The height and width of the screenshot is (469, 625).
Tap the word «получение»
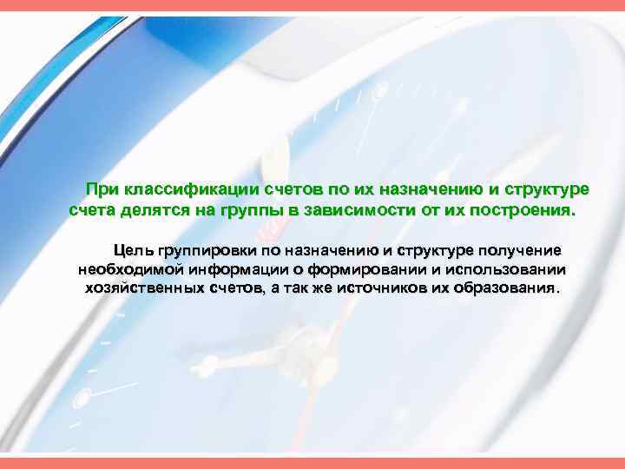point(521,250)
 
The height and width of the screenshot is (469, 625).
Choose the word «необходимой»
point(129,268)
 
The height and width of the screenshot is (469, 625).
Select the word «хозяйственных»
point(145,287)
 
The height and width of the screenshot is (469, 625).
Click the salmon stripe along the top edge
point(312,5)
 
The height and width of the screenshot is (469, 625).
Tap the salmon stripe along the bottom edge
point(312,464)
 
